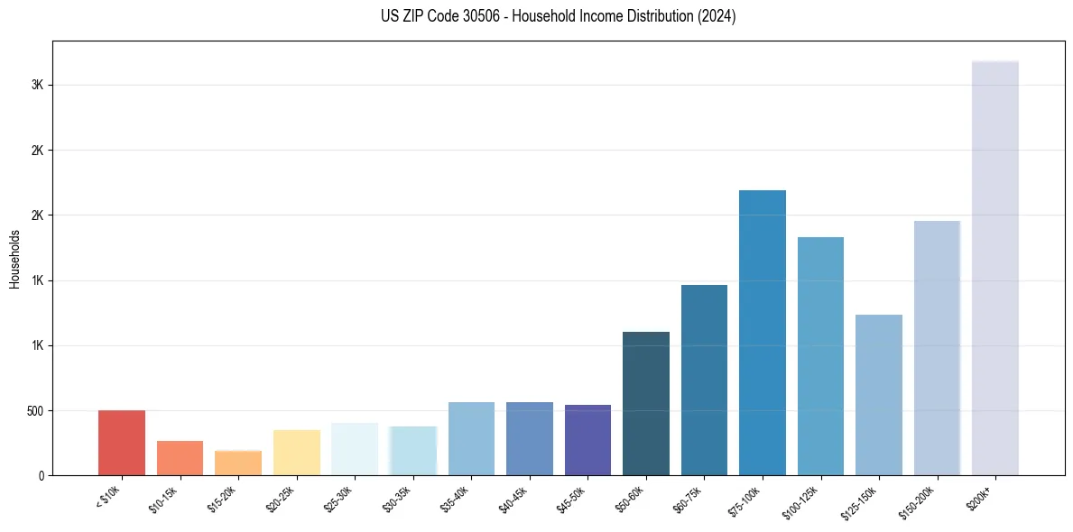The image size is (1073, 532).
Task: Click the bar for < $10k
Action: (122, 443)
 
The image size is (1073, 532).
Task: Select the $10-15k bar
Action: (180, 458)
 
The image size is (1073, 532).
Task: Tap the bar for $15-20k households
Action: (238, 463)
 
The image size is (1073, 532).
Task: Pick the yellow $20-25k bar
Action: (296, 453)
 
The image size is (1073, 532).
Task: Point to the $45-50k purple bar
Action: (587, 440)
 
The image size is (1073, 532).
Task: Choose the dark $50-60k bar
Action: (646, 404)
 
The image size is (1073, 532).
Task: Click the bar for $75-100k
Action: (763, 333)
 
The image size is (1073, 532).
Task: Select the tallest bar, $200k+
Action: (995, 268)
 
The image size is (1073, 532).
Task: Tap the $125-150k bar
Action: (879, 395)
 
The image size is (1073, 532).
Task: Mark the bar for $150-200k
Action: (937, 348)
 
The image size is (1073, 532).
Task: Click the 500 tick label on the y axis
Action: (36, 410)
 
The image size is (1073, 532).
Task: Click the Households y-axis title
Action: (14, 258)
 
